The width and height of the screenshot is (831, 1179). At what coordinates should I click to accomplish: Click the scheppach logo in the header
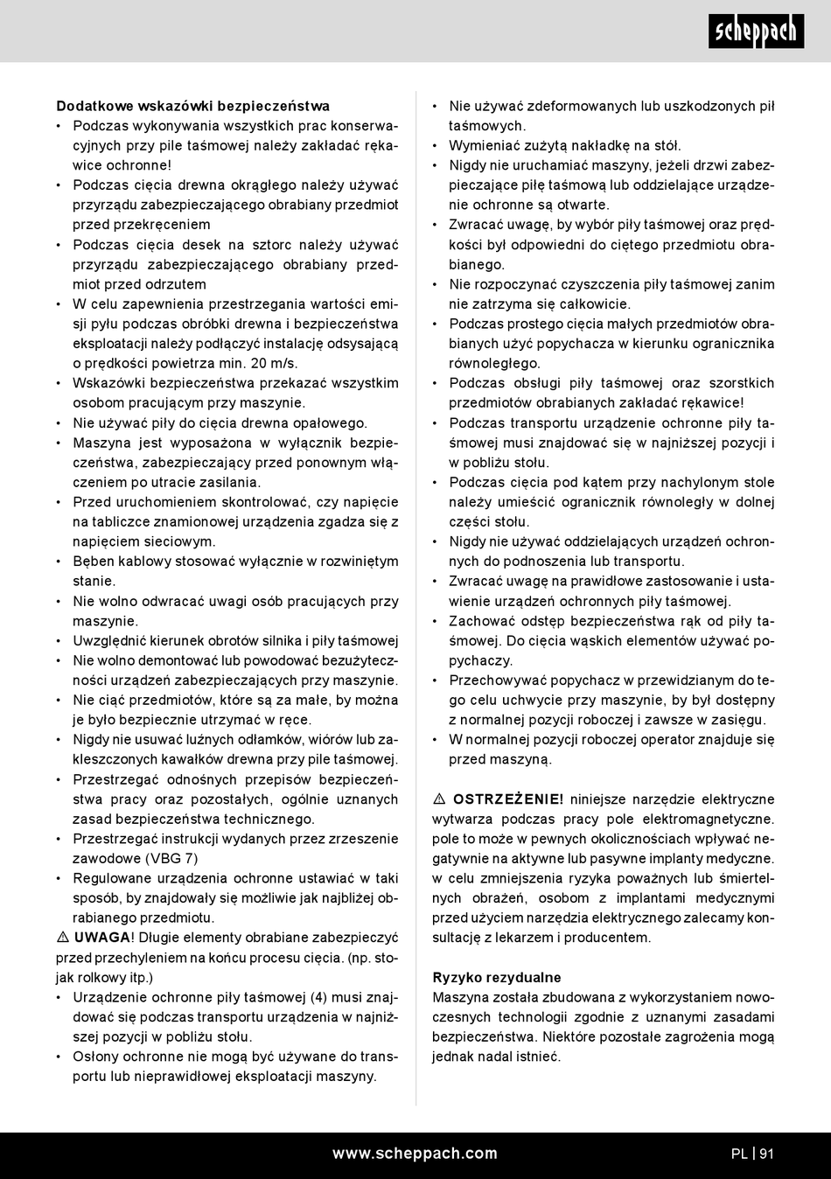(756, 32)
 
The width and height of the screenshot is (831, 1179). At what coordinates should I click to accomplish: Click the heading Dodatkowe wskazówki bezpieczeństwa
(192, 106)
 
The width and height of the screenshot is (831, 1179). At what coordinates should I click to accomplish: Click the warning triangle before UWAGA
(63, 938)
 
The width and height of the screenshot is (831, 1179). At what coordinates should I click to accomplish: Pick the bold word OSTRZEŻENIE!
(508, 799)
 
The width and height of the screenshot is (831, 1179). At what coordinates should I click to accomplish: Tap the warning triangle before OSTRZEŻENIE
(439, 799)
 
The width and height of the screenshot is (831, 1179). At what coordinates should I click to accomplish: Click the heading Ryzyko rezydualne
(497, 977)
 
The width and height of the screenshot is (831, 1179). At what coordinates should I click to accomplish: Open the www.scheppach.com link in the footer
(415, 1154)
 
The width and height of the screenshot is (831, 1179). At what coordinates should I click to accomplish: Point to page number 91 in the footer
(766, 1154)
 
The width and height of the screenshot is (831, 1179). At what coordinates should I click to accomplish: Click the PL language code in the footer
(739, 1154)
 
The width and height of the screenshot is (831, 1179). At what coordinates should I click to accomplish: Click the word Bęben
(94, 562)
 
